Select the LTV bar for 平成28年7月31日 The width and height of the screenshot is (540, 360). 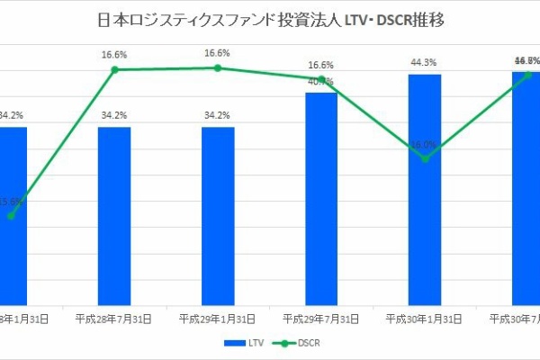[114, 216]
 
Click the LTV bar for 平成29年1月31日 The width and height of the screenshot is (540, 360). [218, 216]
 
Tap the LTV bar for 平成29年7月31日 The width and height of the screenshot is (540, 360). [321, 198]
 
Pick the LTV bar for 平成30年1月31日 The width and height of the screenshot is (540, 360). [425, 189]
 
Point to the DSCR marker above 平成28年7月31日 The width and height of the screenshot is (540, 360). [114, 69]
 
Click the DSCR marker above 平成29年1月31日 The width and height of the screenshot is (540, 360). [218, 67]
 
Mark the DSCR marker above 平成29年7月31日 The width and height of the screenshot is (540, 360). [321, 79]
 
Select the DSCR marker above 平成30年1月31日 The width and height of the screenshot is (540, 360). [425, 158]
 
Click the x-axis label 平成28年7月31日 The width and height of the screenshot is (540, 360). [114, 319]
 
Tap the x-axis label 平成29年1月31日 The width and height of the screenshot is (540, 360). [218, 319]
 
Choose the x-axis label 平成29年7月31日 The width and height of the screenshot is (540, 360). [321, 319]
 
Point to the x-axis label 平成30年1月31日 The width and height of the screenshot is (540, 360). [425, 319]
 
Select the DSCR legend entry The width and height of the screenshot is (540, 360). [297, 343]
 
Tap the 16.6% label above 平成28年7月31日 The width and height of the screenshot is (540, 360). [114, 55]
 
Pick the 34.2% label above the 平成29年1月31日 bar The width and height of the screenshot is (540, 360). [218, 115]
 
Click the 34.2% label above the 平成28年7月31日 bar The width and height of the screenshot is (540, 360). [114, 115]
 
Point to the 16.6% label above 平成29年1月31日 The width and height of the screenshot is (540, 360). [218, 53]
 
